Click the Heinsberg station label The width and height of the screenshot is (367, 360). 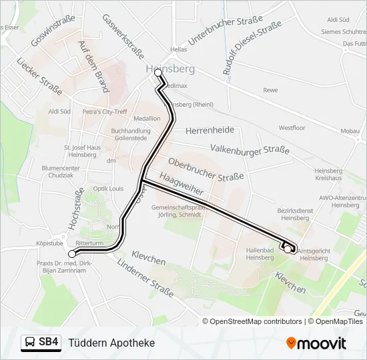[x=170, y=69]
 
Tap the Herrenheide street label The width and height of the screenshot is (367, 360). [x=212, y=131]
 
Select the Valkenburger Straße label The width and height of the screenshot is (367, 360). [x=250, y=151]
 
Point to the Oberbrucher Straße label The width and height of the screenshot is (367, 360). [x=206, y=170]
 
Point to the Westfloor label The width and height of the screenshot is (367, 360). [x=292, y=127]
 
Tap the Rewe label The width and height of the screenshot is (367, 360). [x=270, y=89]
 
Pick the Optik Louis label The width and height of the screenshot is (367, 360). [x=109, y=189]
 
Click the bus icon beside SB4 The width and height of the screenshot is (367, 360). [x=30, y=343]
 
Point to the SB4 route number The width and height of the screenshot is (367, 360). [x=48, y=343]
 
